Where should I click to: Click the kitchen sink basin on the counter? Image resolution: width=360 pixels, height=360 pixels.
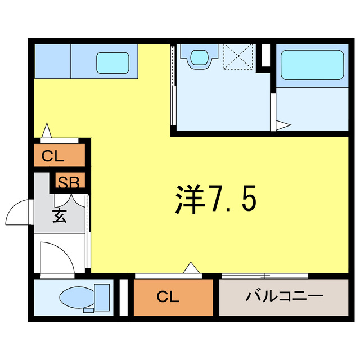[x=113, y=62]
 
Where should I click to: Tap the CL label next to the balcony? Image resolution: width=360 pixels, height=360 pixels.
[x=168, y=296]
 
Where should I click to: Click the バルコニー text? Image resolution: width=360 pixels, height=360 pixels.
[x=283, y=296]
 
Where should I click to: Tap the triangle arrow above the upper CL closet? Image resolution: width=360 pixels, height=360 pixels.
[x=47, y=131]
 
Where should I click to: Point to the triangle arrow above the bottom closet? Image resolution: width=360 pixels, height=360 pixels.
[x=191, y=268]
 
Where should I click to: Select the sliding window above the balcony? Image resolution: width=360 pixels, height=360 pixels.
[x=264, y=276]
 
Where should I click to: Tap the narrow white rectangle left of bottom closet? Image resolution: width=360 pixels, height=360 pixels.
[x=124, y=296]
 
